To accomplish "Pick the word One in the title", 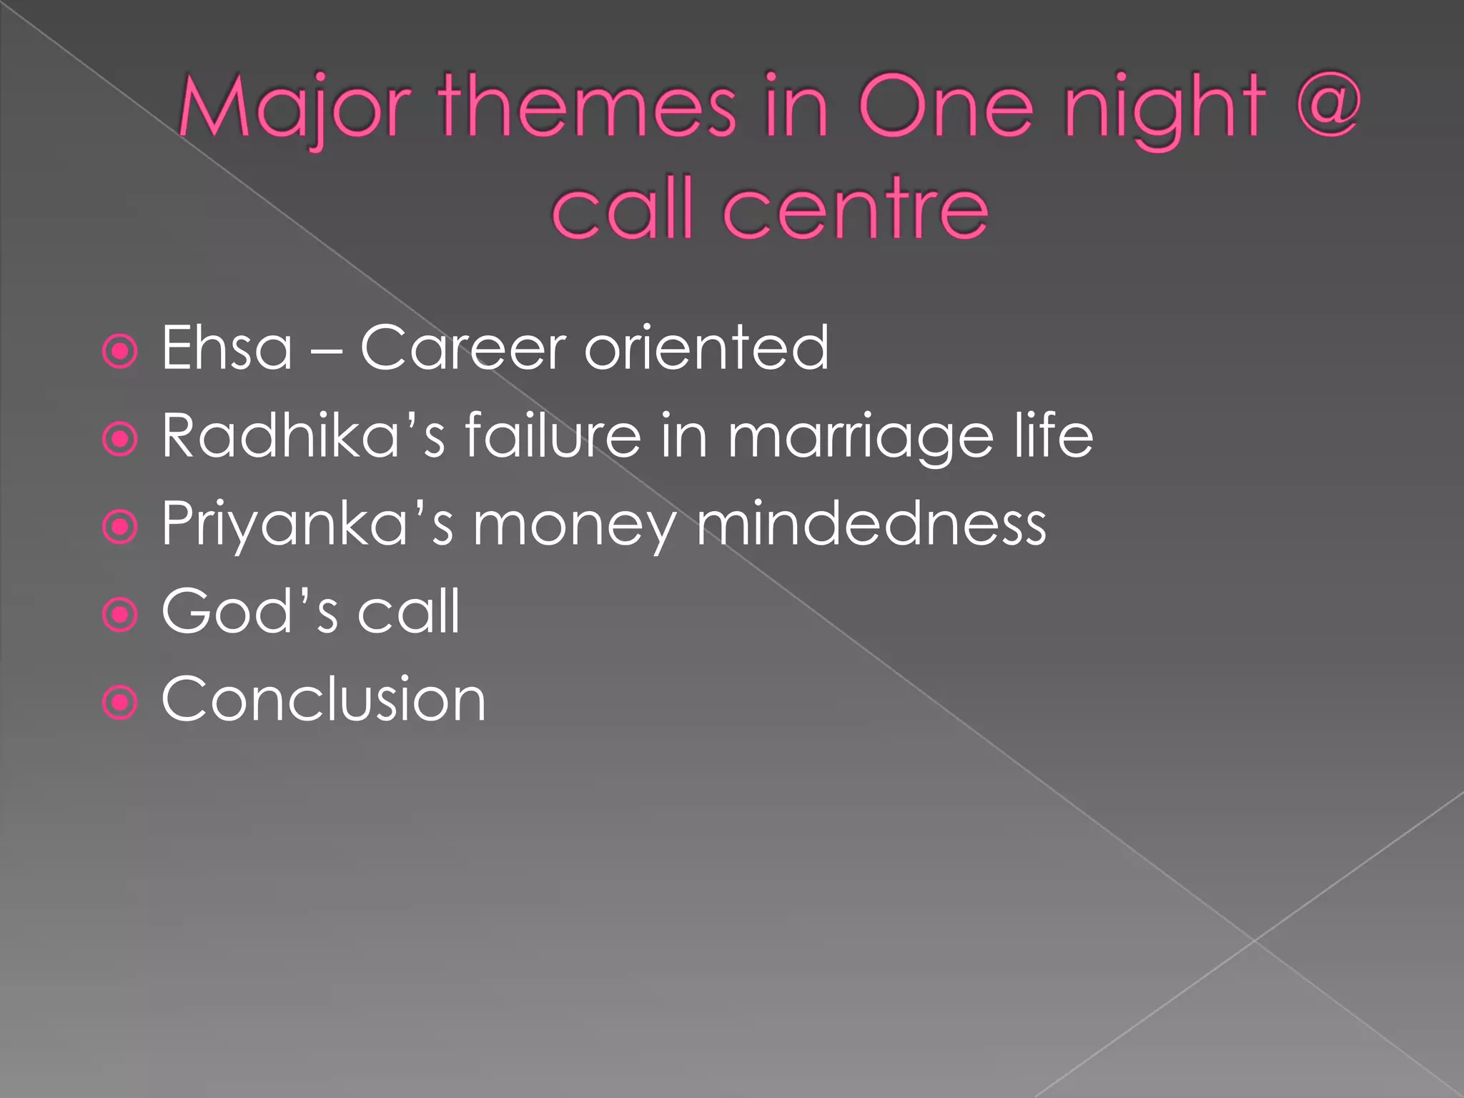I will click(x=946, y=107).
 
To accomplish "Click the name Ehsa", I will click(x=227, y=348).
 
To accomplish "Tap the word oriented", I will click(x=706, y=348).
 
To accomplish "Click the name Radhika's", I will click(x=303, y=435).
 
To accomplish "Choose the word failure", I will click(x=553, y=435).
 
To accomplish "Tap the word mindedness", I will click(x=871, y=523).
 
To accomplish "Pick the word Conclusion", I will click(x=323, y=699).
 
